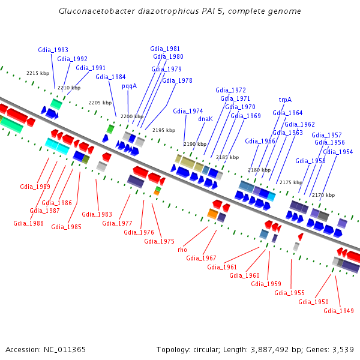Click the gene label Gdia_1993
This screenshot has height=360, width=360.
coord(53,50)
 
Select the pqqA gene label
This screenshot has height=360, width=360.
coord(130,86)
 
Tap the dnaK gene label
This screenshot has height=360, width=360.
coord(206,119)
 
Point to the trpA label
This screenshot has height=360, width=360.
coord(285,100)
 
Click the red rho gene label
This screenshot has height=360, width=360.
coord(182,249)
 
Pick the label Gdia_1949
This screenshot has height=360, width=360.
coord(338,310)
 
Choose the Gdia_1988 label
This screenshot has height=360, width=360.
coord(28,223)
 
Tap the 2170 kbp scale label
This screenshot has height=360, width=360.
coord(323,195)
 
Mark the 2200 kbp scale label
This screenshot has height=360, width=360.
coord(132,116)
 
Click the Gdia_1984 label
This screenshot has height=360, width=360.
coord(110,77)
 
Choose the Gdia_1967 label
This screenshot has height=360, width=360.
coord(201,258)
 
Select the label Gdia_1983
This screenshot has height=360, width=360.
coord(97,214)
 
